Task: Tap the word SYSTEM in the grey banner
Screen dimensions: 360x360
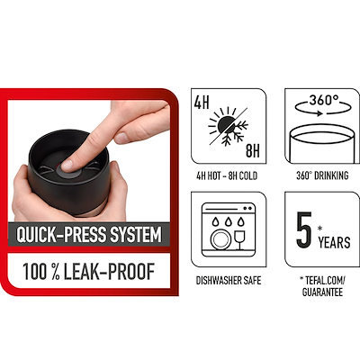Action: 136,235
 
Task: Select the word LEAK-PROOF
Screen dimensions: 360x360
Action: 109,272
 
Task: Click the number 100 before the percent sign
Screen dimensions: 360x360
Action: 35,272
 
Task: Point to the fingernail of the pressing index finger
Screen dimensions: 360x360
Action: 67,165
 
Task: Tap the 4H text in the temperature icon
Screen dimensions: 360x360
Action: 202,103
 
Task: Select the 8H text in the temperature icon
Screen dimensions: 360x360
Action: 253,150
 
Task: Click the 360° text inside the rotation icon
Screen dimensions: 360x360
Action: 324,100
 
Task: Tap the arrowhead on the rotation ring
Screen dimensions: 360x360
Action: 319,113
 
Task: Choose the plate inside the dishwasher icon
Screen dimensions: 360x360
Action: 220,238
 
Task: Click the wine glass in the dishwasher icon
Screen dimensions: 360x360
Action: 239,239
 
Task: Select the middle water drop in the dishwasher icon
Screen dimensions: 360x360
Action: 228,221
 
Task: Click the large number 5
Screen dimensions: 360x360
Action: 304,229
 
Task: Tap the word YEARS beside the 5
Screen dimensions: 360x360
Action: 335,242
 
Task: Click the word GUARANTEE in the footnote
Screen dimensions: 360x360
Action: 322,292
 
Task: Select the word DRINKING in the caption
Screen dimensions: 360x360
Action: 331,175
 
